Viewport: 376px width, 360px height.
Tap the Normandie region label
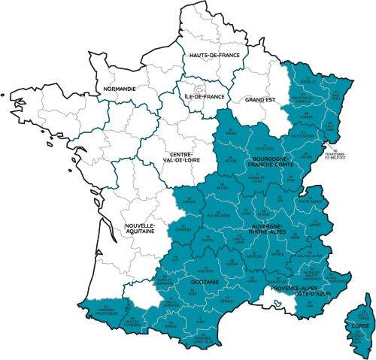coord(119,88)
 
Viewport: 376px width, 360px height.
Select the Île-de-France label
coord(205,97)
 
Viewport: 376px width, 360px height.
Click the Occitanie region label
coord(205,281)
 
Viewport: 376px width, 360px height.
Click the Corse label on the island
coord(361,325)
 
